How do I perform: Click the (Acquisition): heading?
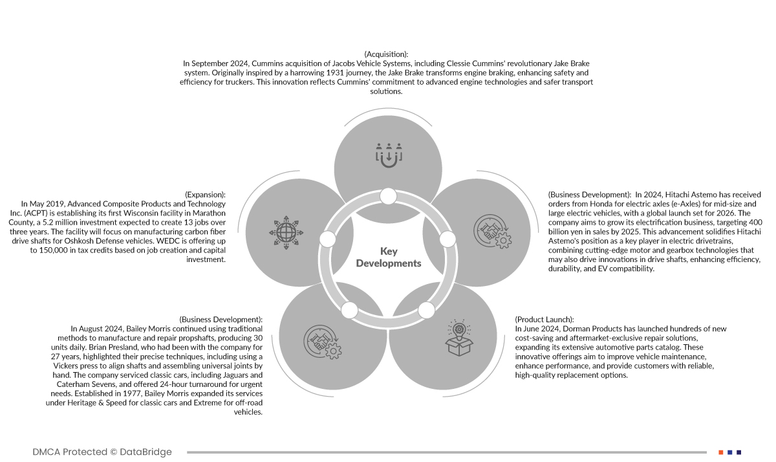pos(386,54)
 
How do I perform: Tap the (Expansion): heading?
pos(205,194)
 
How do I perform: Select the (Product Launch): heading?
pos(544,320)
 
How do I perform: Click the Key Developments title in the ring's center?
pos(388,257)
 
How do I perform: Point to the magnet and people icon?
pos(389,155)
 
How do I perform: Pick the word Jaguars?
pos(232,375)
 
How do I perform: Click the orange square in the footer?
pos(720,452)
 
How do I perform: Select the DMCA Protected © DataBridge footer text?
pos(102,452)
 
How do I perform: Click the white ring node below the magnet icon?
pos(388,195)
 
